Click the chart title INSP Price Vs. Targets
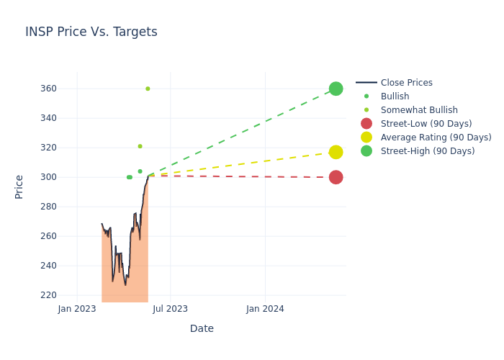tap(91, 32)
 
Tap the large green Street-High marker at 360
tap(336, 89)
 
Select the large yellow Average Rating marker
tap(336, 153)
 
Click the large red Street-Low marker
tap(336, 177)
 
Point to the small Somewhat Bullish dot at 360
tap(148, 89)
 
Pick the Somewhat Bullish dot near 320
tap(140, 146)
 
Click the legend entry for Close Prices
tap(407, 83)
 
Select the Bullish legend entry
tap(395, 96)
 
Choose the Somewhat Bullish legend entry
tap(419, 110)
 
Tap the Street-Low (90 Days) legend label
tap(426, 124)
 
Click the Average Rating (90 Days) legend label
tap(436, 138)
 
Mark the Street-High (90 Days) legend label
tap(428, 151)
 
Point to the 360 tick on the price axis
tap(48, 89)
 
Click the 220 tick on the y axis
tap(48, 295)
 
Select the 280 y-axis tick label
tap(48, 207)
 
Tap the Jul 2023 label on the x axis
tap(171, 309)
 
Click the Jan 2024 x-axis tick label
tap(265, 309)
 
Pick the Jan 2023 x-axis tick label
tap(77, 309)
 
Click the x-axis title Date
tap(202, 328)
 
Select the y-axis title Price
tap(19, 187)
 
